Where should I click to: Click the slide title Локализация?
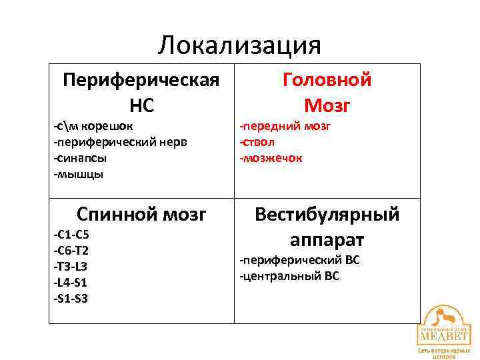[x=240, y=45]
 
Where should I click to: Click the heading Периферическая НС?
[x=141, y=92]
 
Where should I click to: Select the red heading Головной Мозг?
[x=327, y=92]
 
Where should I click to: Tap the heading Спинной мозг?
[x=141, y=215]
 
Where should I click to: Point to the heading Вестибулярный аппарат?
[x=327, y=227]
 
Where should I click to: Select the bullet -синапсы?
[x=81, y=158]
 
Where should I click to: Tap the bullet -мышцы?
[x=79, y=174]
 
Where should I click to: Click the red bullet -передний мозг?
[x=285, y=126]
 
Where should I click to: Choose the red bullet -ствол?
[x=257, y=142]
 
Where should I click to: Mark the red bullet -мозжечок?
[x=271, y=158]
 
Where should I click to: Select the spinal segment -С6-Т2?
[x=71, y=251]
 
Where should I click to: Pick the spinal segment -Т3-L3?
[x=71, y=267]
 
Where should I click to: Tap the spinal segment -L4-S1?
[x=71, y=283]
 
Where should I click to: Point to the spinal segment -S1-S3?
[x=71, y=299]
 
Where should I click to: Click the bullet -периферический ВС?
[x=300, y=260]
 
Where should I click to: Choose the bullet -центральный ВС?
[x=290, y=276]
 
